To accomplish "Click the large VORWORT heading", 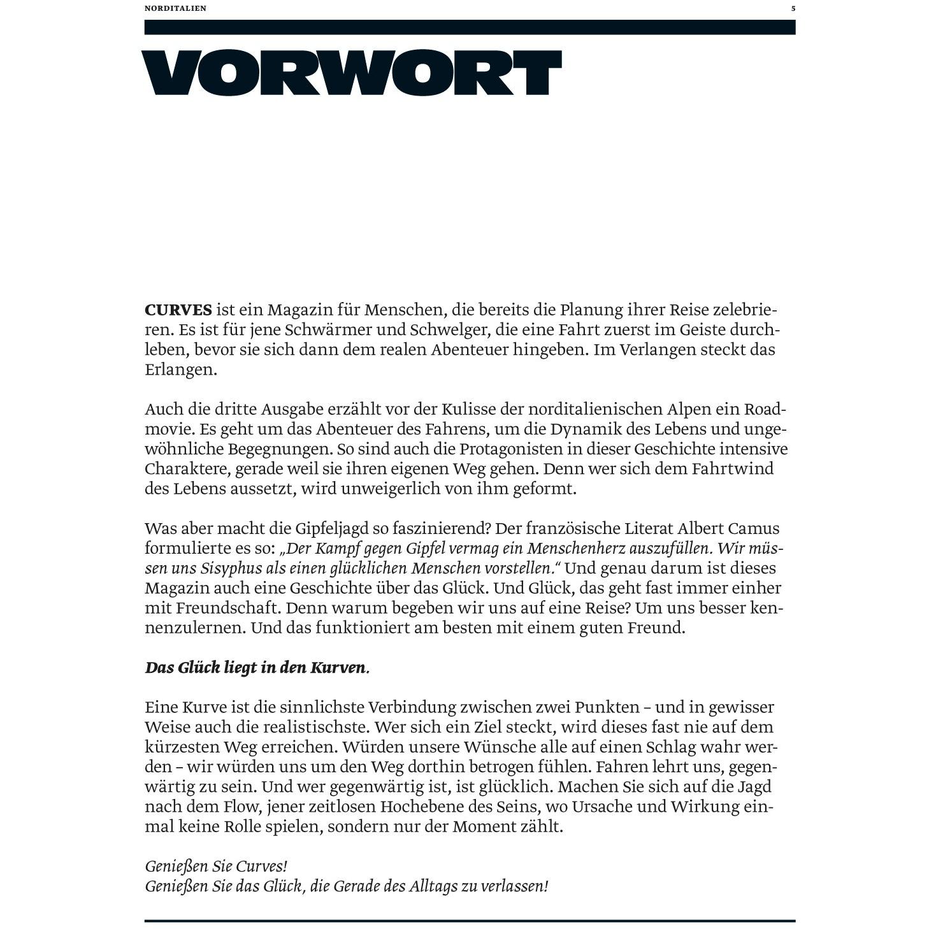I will click(x=351, y=73).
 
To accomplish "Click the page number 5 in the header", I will click(x=793, y=9).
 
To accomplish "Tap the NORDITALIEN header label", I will click(x=175, y=9).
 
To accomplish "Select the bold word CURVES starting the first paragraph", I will click(x=178, y=310).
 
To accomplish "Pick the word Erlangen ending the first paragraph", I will click(x=181, y=370).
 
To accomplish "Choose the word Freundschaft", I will click(x=228, y=608).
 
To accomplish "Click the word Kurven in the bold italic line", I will click(x=338, y=668).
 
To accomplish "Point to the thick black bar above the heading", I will click(x=470, y=27).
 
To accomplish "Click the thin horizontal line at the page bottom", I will click(x=470, y=921).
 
